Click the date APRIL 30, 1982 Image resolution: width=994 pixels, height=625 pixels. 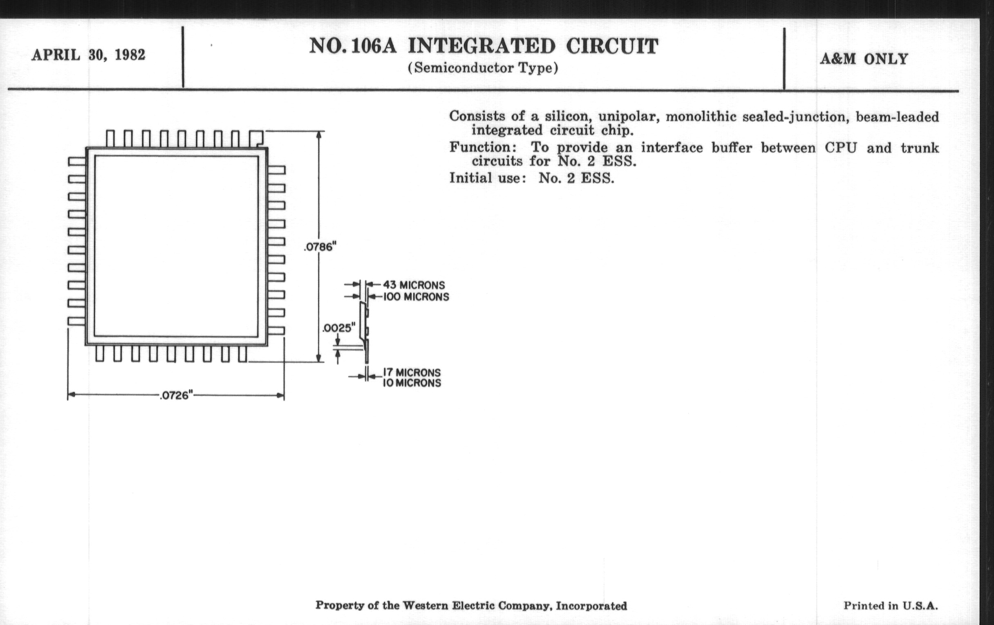coord(88,55)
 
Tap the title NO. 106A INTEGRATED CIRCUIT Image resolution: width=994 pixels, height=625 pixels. coord(484,46)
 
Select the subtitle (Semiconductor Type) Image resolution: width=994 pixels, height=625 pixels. coord(483,68)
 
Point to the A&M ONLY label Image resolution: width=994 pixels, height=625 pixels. coord(864,59)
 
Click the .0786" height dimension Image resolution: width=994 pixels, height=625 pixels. coord(320,247)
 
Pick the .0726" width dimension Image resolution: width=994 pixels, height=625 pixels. coord(176,395)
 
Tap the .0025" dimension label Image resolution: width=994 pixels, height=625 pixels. coord(338,328)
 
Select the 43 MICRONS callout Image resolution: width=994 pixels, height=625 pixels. coord(414,285)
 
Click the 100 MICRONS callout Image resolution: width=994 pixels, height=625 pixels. coord(416,297)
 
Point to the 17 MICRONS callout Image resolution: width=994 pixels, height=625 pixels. coord(412,373)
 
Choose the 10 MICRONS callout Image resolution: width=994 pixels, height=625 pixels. coord(412,383)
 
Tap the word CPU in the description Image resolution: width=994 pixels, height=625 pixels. coord(841,148)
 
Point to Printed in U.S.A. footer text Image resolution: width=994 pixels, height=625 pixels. coord(890,606)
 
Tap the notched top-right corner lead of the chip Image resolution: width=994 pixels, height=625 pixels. coord(256,138)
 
